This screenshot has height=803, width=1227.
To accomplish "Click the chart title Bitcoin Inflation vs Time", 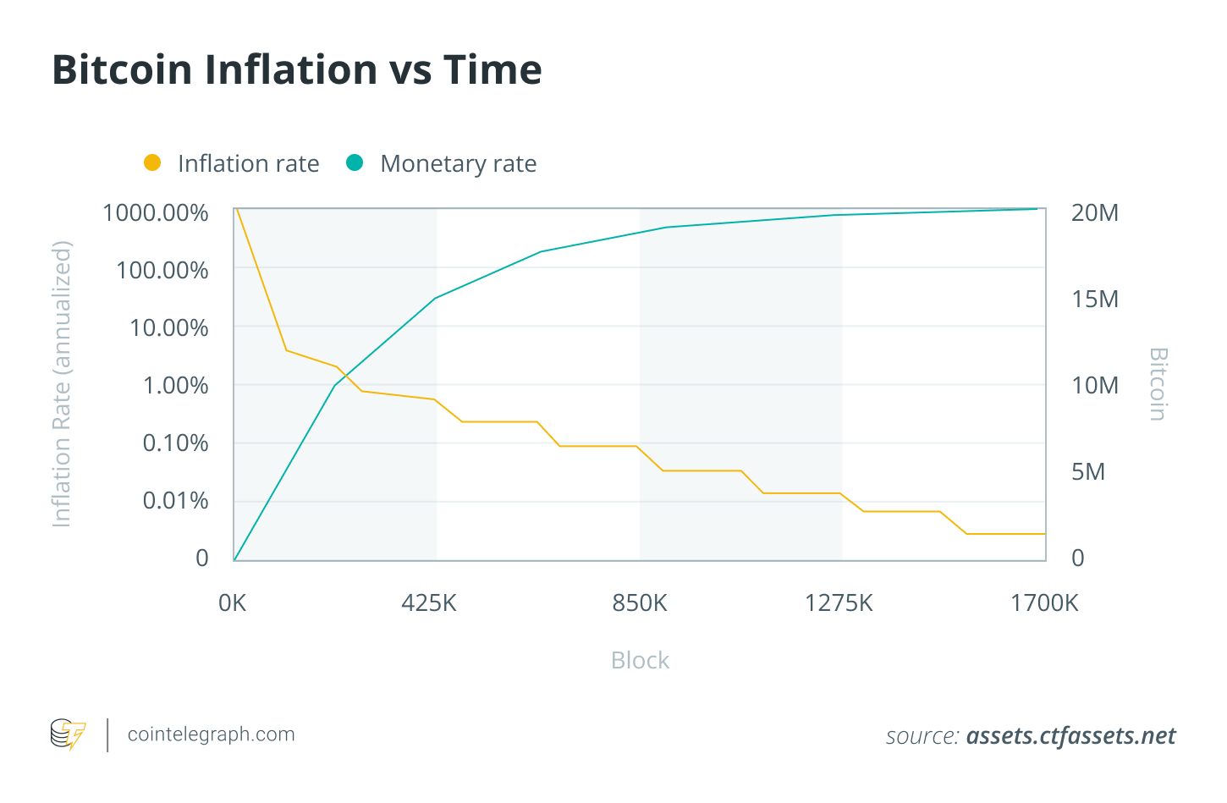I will (x=296, y=69).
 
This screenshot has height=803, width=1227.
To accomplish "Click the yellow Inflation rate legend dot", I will (x=152, y=162).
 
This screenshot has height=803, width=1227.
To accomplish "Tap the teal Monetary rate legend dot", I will (x=355, y=162).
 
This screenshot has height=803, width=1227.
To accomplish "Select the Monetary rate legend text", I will (x=458, y=163).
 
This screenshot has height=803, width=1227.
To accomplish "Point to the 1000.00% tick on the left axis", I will (x=155, y=212).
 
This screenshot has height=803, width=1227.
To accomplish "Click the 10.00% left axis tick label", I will (x=168, y=327).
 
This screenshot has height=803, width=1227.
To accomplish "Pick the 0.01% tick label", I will (x=175, y=500).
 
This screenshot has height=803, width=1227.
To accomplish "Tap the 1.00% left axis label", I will (x=175, y=385).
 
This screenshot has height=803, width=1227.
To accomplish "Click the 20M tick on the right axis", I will (x=1094, y=212).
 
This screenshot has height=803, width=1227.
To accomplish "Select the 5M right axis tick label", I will (x=1087, y=471).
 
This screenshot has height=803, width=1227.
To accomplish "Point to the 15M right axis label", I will (x=1094, y=299).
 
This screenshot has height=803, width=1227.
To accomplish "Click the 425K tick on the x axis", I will (x=429, y=602).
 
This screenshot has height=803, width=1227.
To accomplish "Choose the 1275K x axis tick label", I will (x=839, y=602).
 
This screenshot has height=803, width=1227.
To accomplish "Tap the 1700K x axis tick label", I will (x=1044, y=602).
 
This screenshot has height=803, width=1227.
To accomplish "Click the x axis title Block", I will (x=640, y=660).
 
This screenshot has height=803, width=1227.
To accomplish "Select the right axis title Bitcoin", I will (x=1158, y=384).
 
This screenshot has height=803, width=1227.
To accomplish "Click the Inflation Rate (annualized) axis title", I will (x=62, y=384).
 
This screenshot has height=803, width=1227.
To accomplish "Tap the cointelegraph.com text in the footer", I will (x=211, y=734).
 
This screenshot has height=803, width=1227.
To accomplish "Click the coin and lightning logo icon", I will (x=68, y=734).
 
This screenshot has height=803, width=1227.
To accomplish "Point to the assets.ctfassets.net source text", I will (x=1070, y=736).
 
